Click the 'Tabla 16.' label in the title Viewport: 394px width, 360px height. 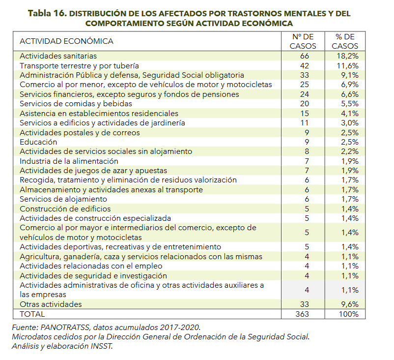click(47, 13)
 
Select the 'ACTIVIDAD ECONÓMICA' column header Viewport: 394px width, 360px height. click(67, 41)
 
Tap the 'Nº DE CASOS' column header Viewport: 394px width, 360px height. click(303, 41)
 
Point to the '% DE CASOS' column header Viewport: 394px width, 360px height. click(345, 41)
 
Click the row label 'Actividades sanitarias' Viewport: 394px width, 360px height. click(58, 56)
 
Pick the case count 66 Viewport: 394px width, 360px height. click(305, 56)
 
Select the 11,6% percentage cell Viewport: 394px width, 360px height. click(347, 66)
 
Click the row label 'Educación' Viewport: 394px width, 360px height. click(38, 142)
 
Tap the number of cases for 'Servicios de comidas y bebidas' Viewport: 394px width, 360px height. click(305, 104)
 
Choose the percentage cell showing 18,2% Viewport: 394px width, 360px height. click(347, 56)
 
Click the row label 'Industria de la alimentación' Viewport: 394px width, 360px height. click(69, 161)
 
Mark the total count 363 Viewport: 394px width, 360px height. click(302, 314)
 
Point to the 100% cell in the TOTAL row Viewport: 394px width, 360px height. click(348, 314)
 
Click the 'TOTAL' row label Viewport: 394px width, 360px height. click(32, 314)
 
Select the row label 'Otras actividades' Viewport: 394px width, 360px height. click(51, 304)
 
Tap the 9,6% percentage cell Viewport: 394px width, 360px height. click(349, 304)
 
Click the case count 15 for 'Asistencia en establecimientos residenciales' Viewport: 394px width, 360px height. click(305, 114)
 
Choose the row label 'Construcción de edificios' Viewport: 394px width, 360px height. click(65, 209)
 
